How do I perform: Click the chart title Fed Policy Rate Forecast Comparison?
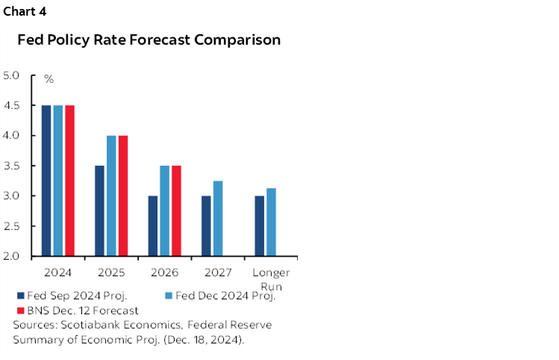tap(149, 40)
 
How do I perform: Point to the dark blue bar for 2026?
tap(153, 226)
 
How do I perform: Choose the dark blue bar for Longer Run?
tap(260, 226)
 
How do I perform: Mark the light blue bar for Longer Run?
tap(272, 222)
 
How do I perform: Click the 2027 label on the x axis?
tap(218, 273)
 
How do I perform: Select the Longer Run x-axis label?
tap(271, 279)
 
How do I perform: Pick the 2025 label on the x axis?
tap(111, 273)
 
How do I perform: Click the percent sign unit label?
tap(49, 79)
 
